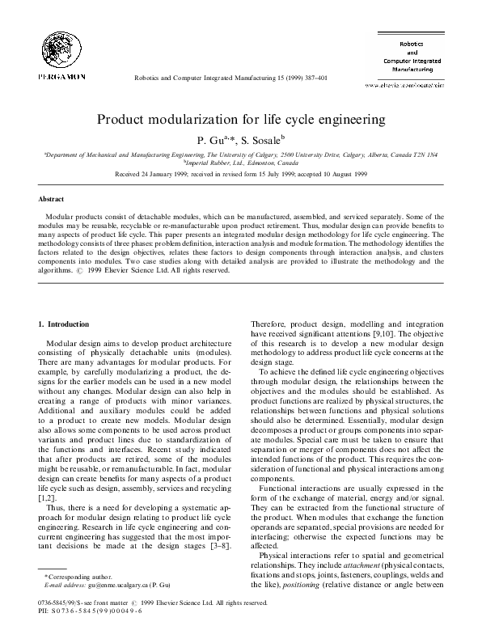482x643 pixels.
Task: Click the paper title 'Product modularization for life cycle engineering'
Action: coord(240,120)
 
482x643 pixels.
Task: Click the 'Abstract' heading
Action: coord(53,198)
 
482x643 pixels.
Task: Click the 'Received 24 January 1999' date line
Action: coord(240,173)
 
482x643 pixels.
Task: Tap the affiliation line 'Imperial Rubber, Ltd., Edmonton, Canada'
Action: coord(240,161)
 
